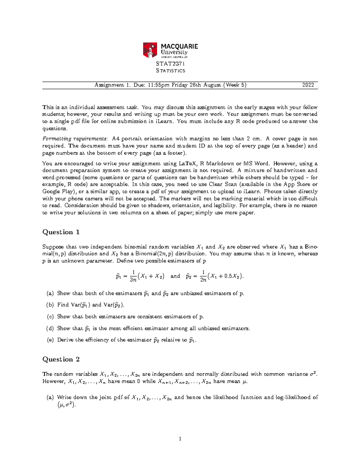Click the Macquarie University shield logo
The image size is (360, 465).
(150, 50)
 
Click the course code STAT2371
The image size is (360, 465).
(170, 63)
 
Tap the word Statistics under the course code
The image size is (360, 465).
(170, 71)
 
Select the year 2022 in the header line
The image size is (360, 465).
(308, 85)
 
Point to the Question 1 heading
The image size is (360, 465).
(61, 232)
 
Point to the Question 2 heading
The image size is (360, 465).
(61, 359)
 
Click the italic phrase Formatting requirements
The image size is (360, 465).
(75, 139)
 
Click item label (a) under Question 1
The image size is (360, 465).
(50, 293)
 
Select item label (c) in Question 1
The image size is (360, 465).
(50, 317)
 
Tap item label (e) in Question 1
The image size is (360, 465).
(50, 340)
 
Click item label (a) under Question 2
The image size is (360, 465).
(50, 398)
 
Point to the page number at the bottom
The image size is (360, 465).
(180, 439)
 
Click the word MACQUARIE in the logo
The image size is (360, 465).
(179, 46)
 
